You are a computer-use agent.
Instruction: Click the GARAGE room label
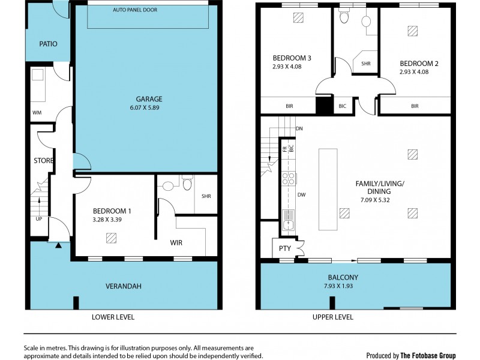[x=148, y=99]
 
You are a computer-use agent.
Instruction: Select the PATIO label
[x=48, y=44]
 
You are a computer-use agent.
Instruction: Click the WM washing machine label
[x=37, y=112]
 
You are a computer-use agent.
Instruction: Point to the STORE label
[x=43, y=161]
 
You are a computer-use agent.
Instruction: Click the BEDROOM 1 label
[x=112, y=211]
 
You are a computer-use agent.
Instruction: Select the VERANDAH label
[x=124, y=286]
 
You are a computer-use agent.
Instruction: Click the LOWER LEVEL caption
[x=113, y=317]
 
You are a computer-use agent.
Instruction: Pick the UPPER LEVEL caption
[x=332, y=317]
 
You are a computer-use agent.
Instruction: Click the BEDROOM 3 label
[x=292, y=58]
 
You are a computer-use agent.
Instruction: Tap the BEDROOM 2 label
[x=415, y=64]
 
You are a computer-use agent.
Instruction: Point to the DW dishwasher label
[x=301, y=195]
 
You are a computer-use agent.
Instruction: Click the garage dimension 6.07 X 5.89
[x=148, y=108]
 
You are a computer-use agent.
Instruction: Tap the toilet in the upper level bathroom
[x=344, y=17]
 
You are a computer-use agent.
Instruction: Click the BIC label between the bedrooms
[x=343, y=106]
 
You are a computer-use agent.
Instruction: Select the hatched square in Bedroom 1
[x=111, y=238]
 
